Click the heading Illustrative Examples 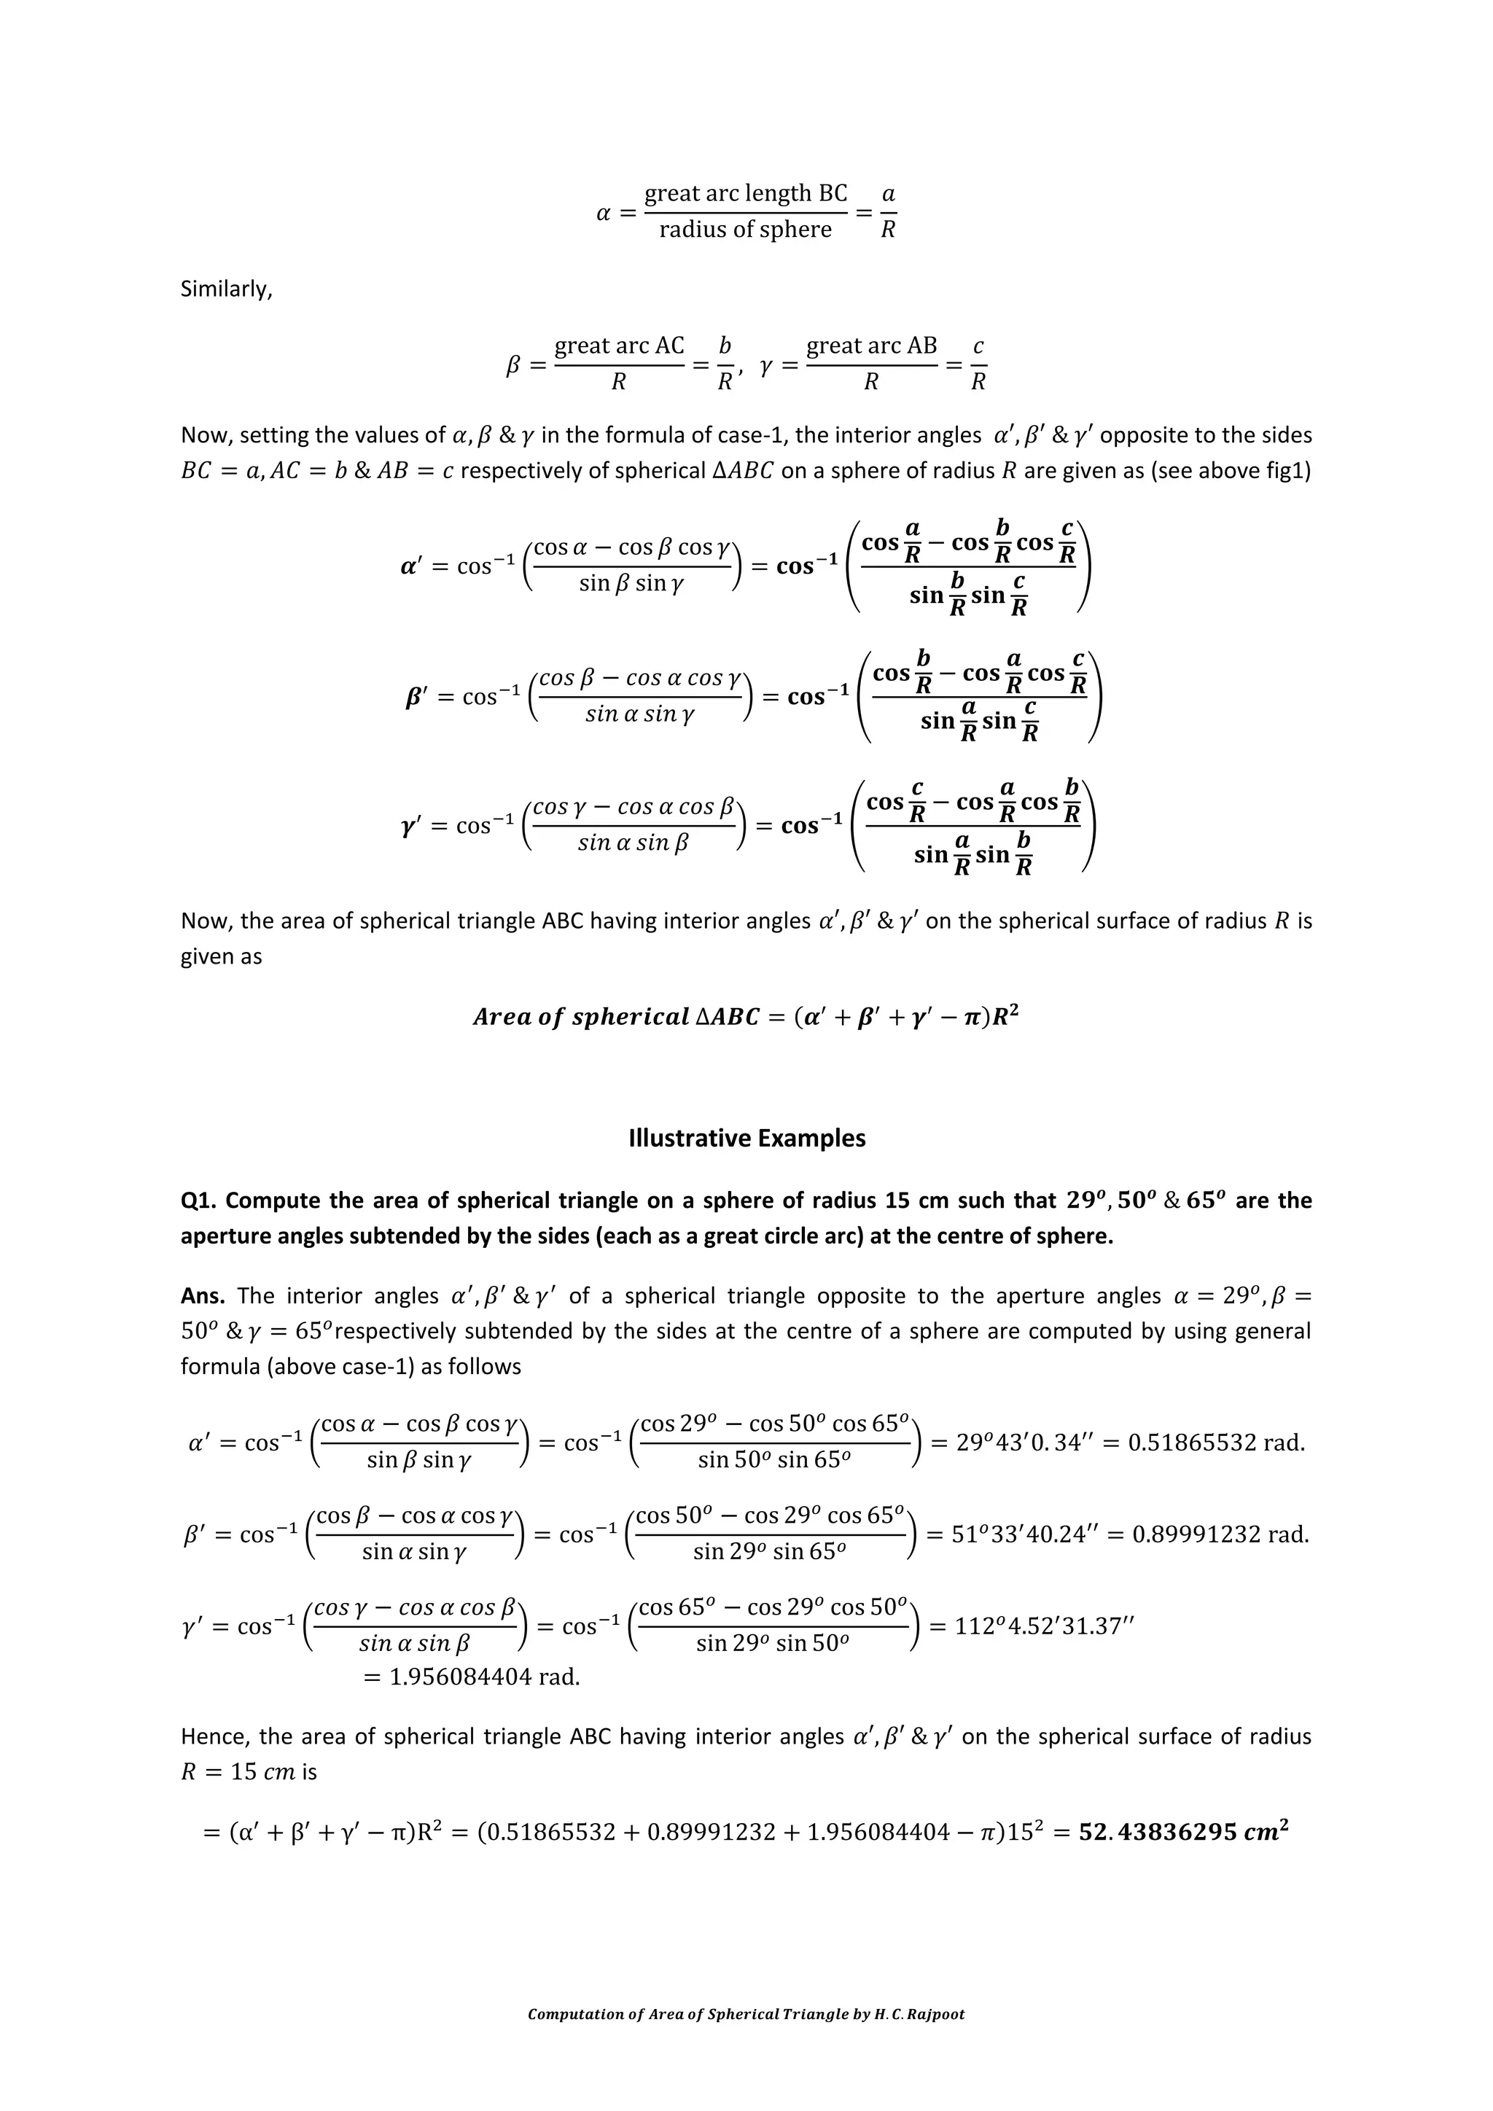(x=746, y=1139)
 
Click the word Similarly (x=226, y=289)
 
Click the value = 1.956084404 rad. (x=472, y=1676)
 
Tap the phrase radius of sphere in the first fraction (x=744, y=230)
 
